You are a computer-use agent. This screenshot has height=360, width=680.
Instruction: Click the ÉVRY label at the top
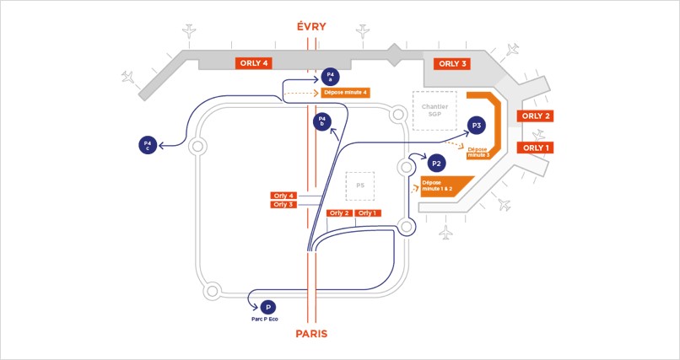click(x=311, y=27)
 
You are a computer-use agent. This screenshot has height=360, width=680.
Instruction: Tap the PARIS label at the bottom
click(x=311, y=334)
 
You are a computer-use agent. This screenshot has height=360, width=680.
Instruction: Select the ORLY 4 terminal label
click(x=253, y=63)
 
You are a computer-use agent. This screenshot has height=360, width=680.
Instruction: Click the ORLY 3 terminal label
click(x=451, y=64)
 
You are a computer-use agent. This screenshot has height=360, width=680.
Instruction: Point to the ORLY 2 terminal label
click(x=536, y=116)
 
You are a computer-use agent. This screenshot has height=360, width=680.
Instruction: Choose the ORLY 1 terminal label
click(x=536, y=148)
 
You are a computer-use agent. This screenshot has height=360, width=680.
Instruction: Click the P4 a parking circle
click(x=332, y=76)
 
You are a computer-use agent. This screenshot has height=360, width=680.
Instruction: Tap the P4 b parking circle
click(x=321, y=122)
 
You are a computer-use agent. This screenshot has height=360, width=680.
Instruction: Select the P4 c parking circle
click(x=148, y=145)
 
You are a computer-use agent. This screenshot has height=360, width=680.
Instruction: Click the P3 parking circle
click(x=477, y=126)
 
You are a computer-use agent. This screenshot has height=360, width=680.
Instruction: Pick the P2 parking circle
click(x=436, y=163)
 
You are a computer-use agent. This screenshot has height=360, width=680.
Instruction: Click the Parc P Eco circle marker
click(x=268, y=308)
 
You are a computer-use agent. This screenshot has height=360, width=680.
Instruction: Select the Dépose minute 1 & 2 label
click(x=440, y=185)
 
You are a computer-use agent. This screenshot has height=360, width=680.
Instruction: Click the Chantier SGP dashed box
click(x=434, y=110)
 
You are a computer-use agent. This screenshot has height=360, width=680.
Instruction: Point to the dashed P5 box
click(x=360, y=185)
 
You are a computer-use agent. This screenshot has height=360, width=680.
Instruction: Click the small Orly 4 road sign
click(x=283, y=196)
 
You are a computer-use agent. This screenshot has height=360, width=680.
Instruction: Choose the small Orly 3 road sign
click(x=283, y=205)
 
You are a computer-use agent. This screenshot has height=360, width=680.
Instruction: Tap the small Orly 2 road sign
click(x=340, y=213)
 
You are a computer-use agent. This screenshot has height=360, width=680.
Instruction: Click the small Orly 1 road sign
click(x=367, y=213)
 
